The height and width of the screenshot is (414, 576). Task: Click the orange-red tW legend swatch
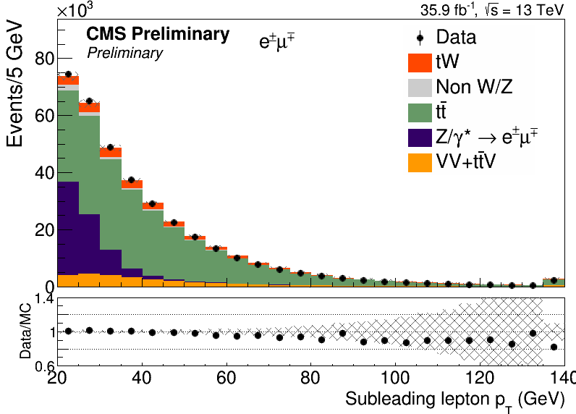tap(420, 63)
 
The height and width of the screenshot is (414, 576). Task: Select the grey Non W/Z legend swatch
tap(420, 88)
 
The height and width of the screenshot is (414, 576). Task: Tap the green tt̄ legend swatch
tap(420, 113)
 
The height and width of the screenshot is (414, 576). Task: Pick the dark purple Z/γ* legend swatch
tap(420, 138)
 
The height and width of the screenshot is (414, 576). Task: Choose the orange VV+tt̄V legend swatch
tap(420, 162)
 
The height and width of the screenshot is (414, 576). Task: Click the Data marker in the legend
tap(420, 38)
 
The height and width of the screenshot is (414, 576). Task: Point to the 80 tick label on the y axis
tap(45, 59)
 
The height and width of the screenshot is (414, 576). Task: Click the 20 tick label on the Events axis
tap(45, 230)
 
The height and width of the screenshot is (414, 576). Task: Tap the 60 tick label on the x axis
tap(226, 377)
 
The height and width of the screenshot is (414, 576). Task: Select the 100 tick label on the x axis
tap(395, 377)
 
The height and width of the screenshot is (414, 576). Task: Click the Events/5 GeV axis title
tap(14, 85)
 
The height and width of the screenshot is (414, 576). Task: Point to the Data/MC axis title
tap(25, 331)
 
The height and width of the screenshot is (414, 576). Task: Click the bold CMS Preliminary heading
tap(158, 34)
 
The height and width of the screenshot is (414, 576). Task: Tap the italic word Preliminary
tap(125, 54)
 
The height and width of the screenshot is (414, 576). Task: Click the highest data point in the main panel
tap(68, 75)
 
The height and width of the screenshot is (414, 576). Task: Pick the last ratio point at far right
tap(554, 347)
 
